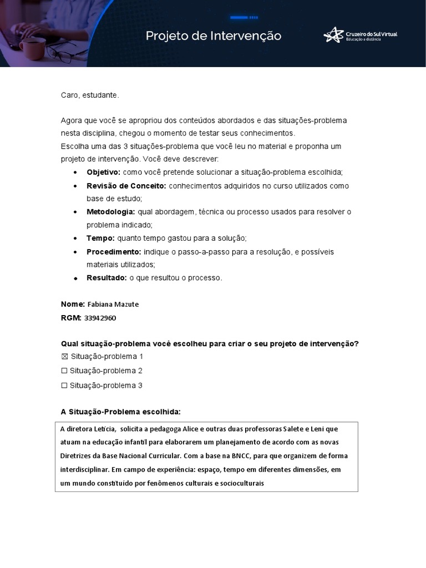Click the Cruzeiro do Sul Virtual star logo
coord(333,35)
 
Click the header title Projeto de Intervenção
coord(214,36)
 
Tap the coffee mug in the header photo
coord(32,48)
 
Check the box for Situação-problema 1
coord(64,357)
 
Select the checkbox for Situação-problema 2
coord(64,371)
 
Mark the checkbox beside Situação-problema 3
coord(64,386)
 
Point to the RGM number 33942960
coord(100,318)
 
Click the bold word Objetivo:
coord(103,173)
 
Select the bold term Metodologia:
coord(110,212)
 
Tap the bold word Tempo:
coord(100,239)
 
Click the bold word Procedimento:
coord(113,252)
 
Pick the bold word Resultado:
coord(106,278)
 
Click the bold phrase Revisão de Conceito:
coord(126,186)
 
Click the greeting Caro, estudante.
coord(90,95)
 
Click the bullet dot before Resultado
coord(75,278)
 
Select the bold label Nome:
coord(72,305)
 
